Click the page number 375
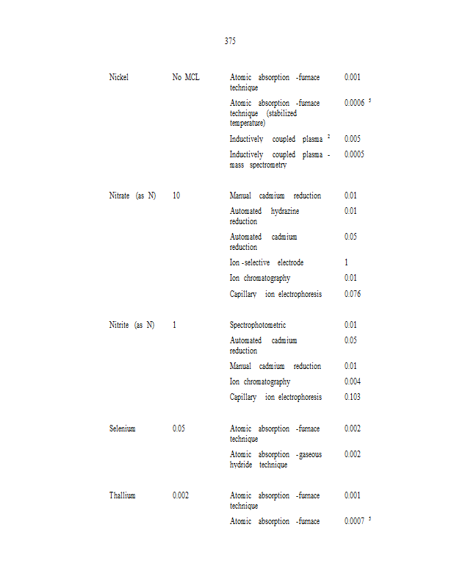(x=230, y=41)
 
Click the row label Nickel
(x=118, y=77)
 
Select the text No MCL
(x=186, y=77)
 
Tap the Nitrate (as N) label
(x=132, y=196)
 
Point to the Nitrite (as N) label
(x=132, y=325)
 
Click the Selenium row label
(x=122, y=429)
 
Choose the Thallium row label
(x=123, y=495)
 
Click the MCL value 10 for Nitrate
(x=176, y=196)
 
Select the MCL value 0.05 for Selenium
(x=179, y=429)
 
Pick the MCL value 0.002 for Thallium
(x=181, y=495)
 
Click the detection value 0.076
(x=352, y=294)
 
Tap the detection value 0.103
(x=352, y=397)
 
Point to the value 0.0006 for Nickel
(x=354, y=103)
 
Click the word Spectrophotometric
(x=258, y=325)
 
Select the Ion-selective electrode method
(x=267, y=262)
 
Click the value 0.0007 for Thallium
(x=354, y=521)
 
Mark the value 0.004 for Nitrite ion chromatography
(x=352, y=381)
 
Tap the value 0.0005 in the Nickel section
(x=354, y=154)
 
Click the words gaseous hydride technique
(x=275, y=460)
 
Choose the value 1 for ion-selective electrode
(x=346, y=262)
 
